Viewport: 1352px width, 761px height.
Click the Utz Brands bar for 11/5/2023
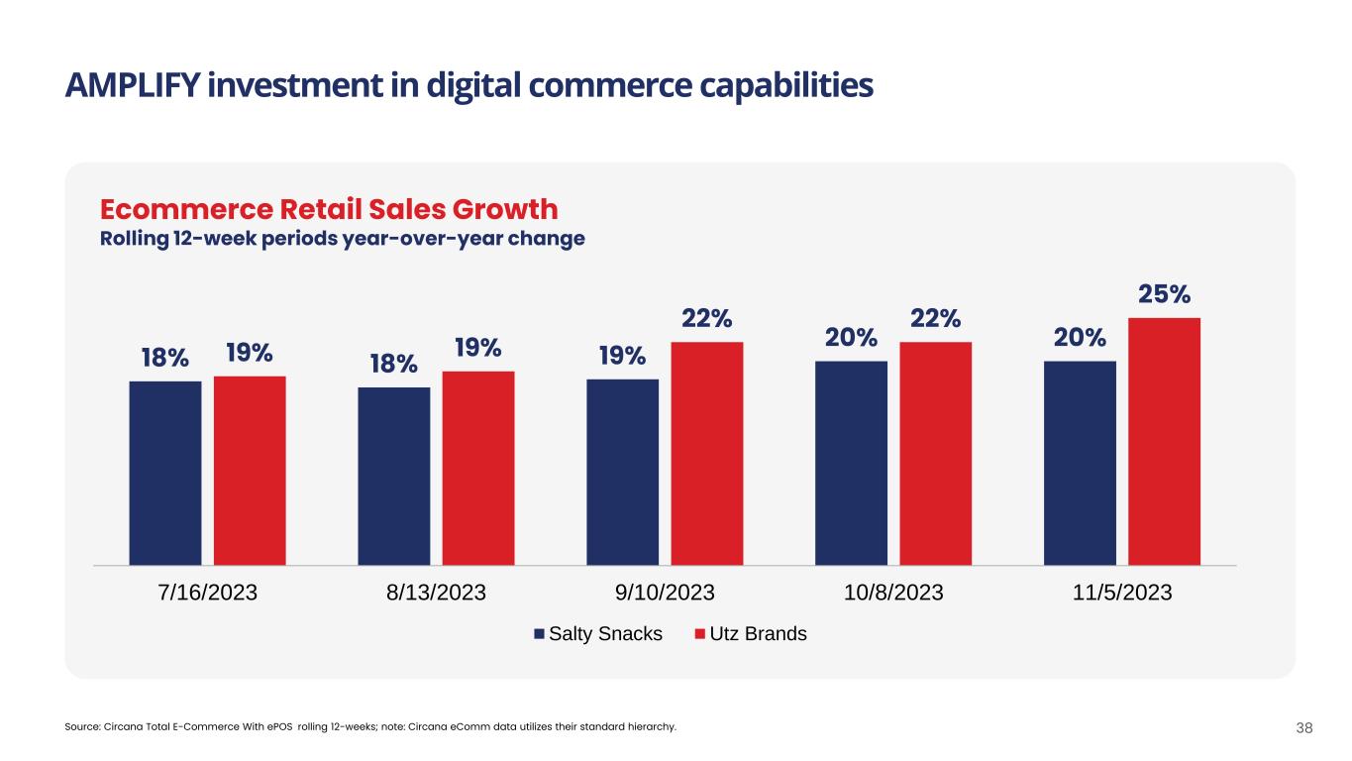coord(1164,441)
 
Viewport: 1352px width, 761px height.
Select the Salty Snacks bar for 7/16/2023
coord(165,473)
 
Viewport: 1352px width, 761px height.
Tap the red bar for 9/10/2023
coord(707,453)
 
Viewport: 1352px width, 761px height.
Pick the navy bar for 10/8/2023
coord(851,463)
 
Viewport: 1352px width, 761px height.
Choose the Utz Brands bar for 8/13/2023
coord(478,468)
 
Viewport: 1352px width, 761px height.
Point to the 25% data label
coord(1164,294)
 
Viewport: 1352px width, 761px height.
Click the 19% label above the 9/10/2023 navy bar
coord(622,355)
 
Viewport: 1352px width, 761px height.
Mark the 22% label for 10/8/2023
coord(935,319)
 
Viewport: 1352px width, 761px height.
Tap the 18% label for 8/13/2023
coord(393,364)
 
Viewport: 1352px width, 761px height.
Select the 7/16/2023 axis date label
coord(208,593)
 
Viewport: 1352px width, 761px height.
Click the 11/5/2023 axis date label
coord(1122,593)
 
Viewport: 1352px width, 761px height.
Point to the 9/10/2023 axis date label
coord(665,593)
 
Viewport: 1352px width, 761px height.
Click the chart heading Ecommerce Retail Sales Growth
coord(329,210)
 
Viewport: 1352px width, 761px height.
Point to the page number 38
coord(1303,728)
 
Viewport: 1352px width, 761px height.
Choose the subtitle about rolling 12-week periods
coord(342,240)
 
